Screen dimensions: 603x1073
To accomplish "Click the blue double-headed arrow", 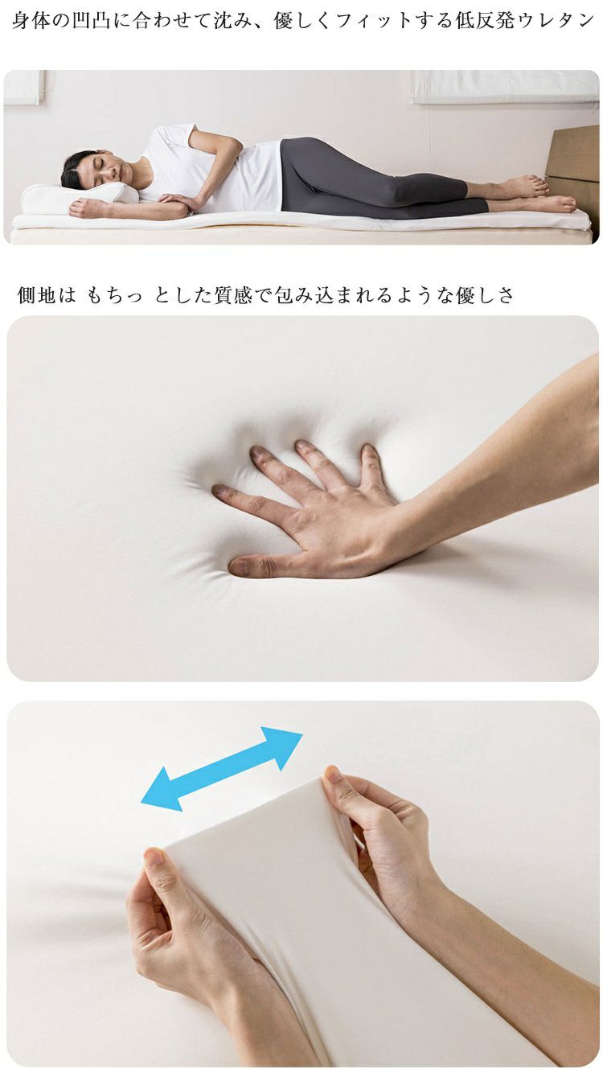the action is pyautogui.click(x=221, y=769).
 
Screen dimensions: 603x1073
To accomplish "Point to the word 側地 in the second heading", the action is pyautogui.click(x=37, y=295).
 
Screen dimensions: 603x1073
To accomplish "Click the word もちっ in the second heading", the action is pyautogui.click(x=114, y=295).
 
